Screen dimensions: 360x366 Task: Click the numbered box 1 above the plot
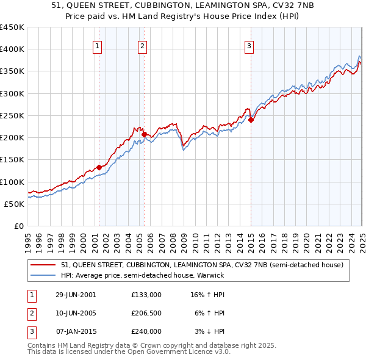pos(98,45)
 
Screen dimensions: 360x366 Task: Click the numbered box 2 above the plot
pos(142,45)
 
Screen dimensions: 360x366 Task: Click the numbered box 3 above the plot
pos(249,45)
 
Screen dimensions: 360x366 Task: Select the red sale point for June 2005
pos(145,134)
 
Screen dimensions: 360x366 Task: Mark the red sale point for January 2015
pos(251,120)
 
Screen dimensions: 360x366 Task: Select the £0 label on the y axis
pos(20,226)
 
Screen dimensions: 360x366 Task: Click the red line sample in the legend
pos(43,265)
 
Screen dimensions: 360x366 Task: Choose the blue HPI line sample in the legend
pos(43,275)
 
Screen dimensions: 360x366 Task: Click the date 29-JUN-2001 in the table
pos(76,295)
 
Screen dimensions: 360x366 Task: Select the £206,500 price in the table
pos(146,313)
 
